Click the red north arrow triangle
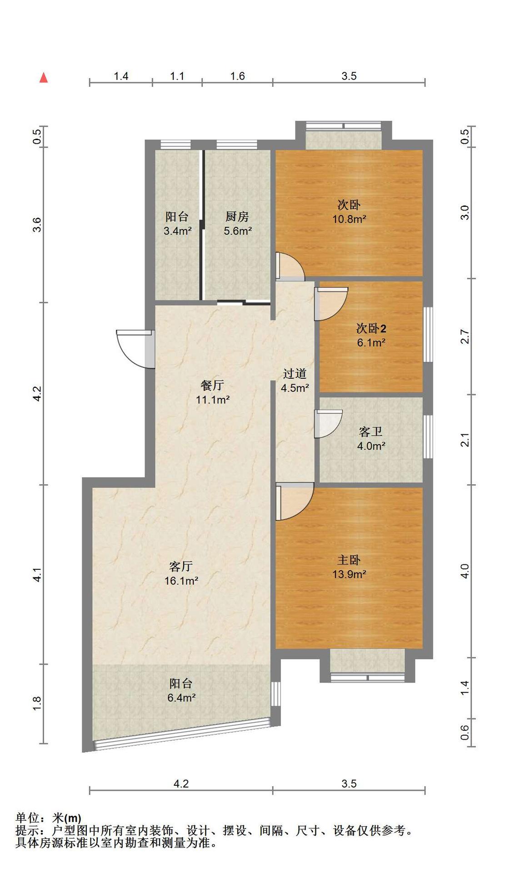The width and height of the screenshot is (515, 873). [44, 78]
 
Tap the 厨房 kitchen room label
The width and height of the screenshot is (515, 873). [237, 216]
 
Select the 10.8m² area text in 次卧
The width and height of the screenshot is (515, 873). [349, 219]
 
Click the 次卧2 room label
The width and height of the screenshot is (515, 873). [371, 328]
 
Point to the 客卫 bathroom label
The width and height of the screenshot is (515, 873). [371, 431]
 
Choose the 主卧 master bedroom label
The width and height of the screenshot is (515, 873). [349, 560]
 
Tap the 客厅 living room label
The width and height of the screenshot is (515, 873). [181, 566]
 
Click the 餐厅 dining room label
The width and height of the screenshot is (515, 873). [212, 385]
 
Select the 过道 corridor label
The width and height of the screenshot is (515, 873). [295, 373]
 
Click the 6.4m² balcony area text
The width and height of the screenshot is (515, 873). [181, 697]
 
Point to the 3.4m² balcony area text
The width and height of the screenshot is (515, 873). [177, 231]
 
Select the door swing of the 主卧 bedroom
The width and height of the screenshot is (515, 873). [295, 502]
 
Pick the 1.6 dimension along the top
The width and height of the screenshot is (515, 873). [237, 76]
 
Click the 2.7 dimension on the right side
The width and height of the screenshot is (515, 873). [465, 336]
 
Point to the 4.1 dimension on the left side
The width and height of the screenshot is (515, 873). [38, 575]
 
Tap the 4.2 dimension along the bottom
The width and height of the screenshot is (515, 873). [181, 783]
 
